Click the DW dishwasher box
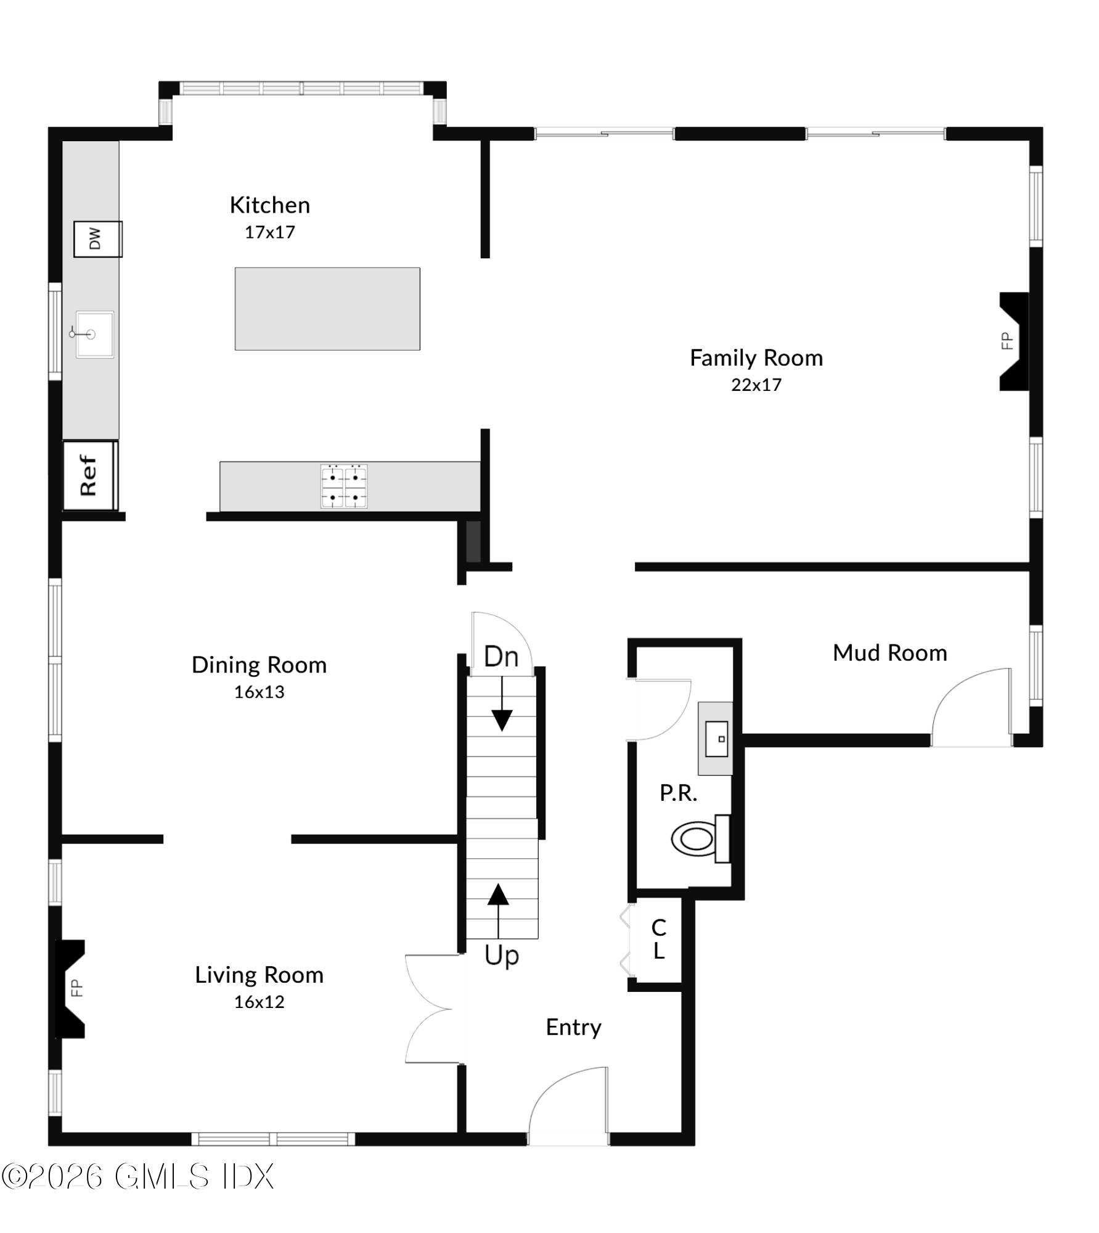(97, 239)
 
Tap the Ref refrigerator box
(90, 475)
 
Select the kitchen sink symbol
(94, 334)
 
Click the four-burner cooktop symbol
(344, 486)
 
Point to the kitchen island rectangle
(327, 309)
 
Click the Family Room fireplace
(1013, 341)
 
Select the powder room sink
(716, 739)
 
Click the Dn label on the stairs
(501, 657)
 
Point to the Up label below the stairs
(502, 956)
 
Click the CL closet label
(658, 939)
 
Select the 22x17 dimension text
(756, 385)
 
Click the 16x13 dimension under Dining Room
(259, 692)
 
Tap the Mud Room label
(889, 653)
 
